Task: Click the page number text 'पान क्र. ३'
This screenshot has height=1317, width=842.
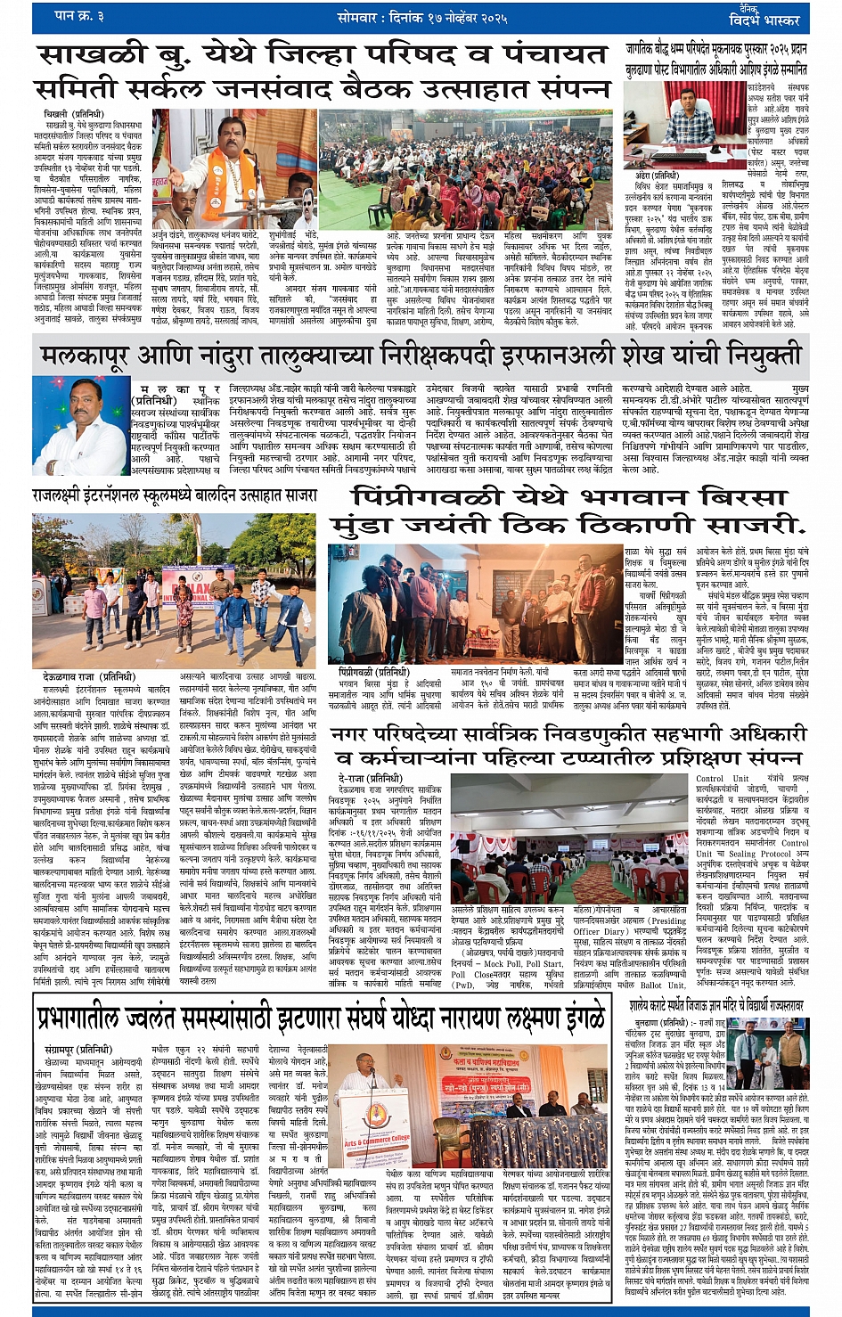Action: (79, 16)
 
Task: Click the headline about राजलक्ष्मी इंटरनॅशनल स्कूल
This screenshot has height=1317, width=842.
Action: (174, 494)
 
